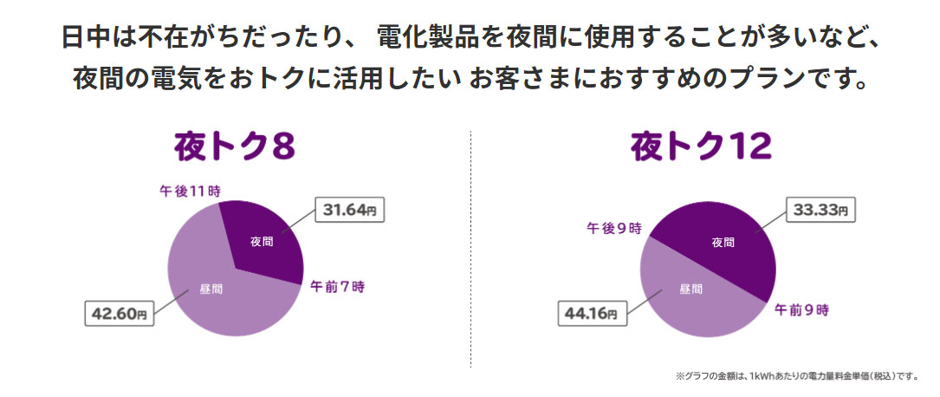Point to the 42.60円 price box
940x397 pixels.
pyautogui.click(x=119, y=314)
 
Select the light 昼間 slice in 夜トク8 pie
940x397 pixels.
pyautogui.click(x=212, y=290)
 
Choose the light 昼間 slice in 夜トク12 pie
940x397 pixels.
pyautogui.click(x=684, y=290)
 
